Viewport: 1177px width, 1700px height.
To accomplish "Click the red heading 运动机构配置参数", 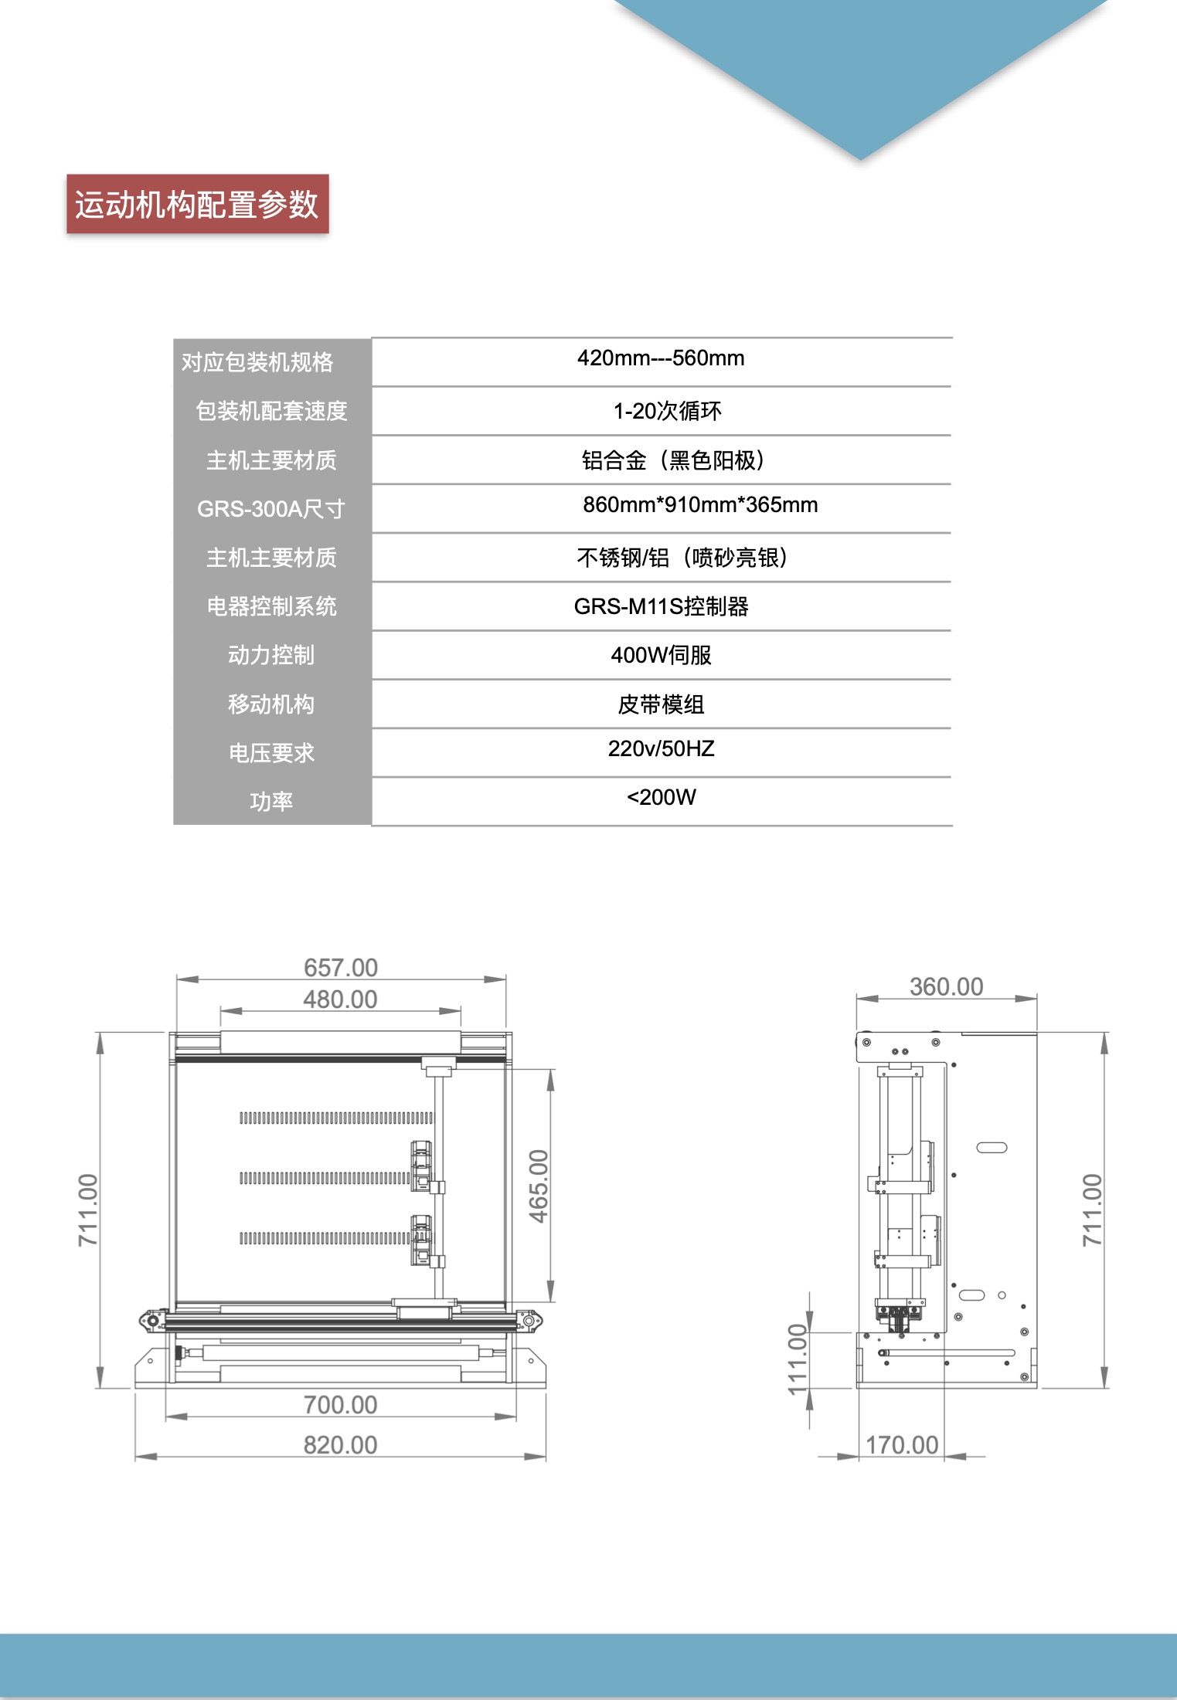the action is point(197,205).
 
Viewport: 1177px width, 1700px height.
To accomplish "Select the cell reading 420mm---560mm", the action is point(661,358).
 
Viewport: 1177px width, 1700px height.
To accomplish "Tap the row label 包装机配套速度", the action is point(271,411).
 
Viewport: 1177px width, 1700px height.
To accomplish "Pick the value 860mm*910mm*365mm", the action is point(700,505).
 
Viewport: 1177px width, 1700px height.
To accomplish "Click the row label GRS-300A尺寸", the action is point(271,509).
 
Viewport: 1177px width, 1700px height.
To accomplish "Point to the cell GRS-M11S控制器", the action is point(661,606).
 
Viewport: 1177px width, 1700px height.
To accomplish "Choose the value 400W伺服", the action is point(661,655).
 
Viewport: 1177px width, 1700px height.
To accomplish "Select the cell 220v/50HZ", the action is point(661,748).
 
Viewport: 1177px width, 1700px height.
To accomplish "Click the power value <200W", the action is point(661,797).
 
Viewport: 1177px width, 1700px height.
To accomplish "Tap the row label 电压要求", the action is point(271,753).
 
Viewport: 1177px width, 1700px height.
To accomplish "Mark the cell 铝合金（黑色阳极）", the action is point(673,460).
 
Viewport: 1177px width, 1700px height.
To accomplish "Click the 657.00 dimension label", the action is point(341,967).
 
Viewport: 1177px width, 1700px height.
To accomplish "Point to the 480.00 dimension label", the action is point(340,999).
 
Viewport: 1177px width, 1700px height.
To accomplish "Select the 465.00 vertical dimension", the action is point(539,1186).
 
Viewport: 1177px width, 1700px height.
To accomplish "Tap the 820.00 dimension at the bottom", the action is point(340,1444).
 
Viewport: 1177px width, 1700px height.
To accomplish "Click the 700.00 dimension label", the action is point(340,1404).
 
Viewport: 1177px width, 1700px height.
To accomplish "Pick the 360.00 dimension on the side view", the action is point(946,986).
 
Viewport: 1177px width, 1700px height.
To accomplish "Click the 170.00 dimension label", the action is point(902,1444).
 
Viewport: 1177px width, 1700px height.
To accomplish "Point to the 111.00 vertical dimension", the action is point(798,1359).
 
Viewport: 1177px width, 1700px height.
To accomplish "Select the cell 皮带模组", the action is point(661,704).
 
